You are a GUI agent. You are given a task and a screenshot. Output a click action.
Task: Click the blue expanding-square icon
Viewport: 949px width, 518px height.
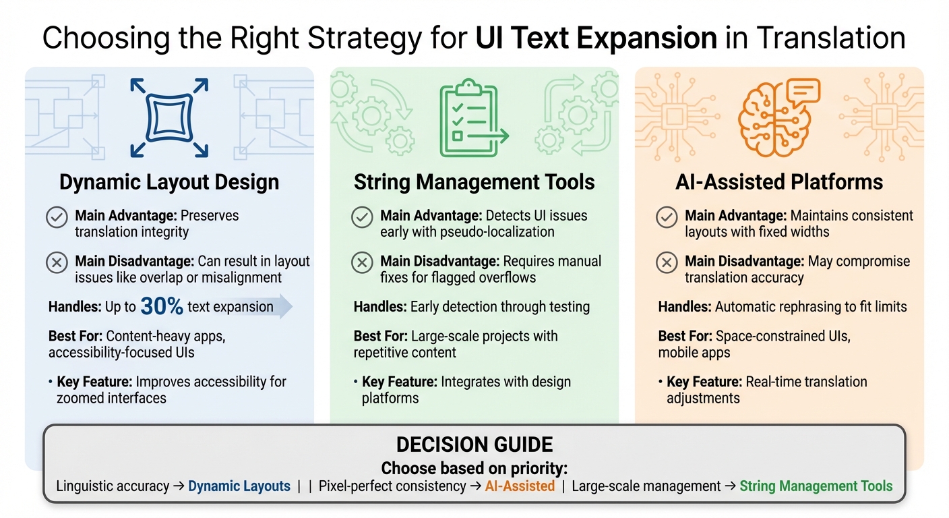coord(169,119)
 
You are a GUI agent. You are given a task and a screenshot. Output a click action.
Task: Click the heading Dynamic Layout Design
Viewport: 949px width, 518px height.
coord(169,182)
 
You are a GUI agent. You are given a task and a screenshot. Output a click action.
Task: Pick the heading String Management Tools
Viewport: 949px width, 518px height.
coord(474,182)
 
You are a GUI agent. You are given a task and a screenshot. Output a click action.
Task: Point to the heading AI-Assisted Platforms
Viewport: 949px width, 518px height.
coord(779,182)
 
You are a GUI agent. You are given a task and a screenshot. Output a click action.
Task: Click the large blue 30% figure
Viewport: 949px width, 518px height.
coord(162,307)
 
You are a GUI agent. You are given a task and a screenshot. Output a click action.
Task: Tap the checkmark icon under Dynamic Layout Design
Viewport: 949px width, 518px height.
coord(57,217)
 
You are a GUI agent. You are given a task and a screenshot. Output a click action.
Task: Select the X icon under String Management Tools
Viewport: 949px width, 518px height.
coord(363,262)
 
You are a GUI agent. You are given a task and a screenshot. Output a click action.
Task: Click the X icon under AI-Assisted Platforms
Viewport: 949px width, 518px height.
coord(667,262)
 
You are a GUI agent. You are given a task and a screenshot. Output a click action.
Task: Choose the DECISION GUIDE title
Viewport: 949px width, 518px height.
coord(474,444)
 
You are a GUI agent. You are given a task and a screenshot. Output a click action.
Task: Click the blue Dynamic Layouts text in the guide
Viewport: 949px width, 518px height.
coord(239,486)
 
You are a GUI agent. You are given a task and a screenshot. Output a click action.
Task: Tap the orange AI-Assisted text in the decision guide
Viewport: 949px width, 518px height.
coord(520,486)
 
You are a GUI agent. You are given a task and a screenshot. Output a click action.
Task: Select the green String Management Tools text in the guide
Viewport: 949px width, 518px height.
coord(816,486)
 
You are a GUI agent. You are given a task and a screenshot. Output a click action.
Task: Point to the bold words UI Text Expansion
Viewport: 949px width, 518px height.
coord(596,38)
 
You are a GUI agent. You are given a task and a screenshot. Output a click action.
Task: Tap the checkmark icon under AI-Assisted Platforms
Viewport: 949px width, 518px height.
coord(667,217)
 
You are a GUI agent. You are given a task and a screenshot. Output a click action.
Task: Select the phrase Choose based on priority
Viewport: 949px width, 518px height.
coord(474,468)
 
